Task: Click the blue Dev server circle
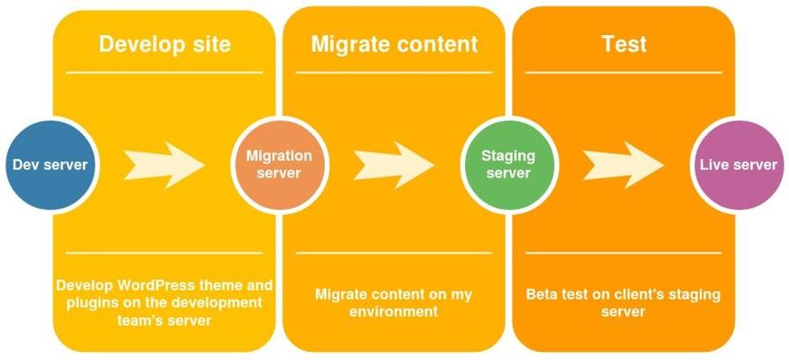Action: tap(50, 165)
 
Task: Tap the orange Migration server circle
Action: tap(279, 165)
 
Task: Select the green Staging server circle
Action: tap(508, 165)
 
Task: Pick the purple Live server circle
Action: tap(739, 165)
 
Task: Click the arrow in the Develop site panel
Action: tap(165, 165)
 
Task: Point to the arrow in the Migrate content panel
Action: tap(394, 165)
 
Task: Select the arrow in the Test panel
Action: tap(624, 165)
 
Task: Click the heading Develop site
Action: tap(165, 44)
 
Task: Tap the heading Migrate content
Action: tap(394, 44)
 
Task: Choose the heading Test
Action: tap(624, 44)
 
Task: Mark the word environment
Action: tap(393, 311)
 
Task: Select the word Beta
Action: tap(542, 294)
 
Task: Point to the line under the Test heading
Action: tap(623, 73)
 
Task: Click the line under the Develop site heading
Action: tap(164, 73)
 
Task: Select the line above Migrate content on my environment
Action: tap(393, 253)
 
